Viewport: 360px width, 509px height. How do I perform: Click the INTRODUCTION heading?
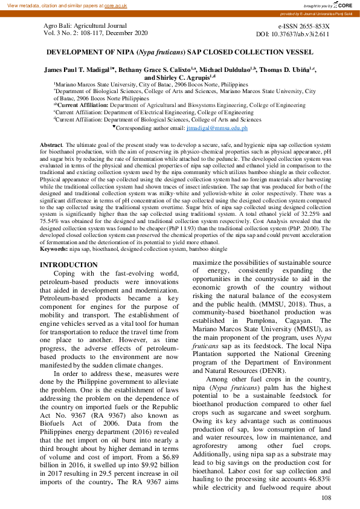pyautogui.click(x=68, y=265)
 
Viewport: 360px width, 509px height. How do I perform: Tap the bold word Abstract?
pyautogui.click(x=51, y=146)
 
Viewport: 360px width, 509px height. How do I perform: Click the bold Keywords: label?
pyautogui.click(x=54, y=248)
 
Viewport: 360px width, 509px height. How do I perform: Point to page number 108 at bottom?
pyautogui.click(x=326, y=498)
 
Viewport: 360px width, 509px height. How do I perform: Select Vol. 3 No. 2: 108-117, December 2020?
pyautogui.click(x=95, y=35)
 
